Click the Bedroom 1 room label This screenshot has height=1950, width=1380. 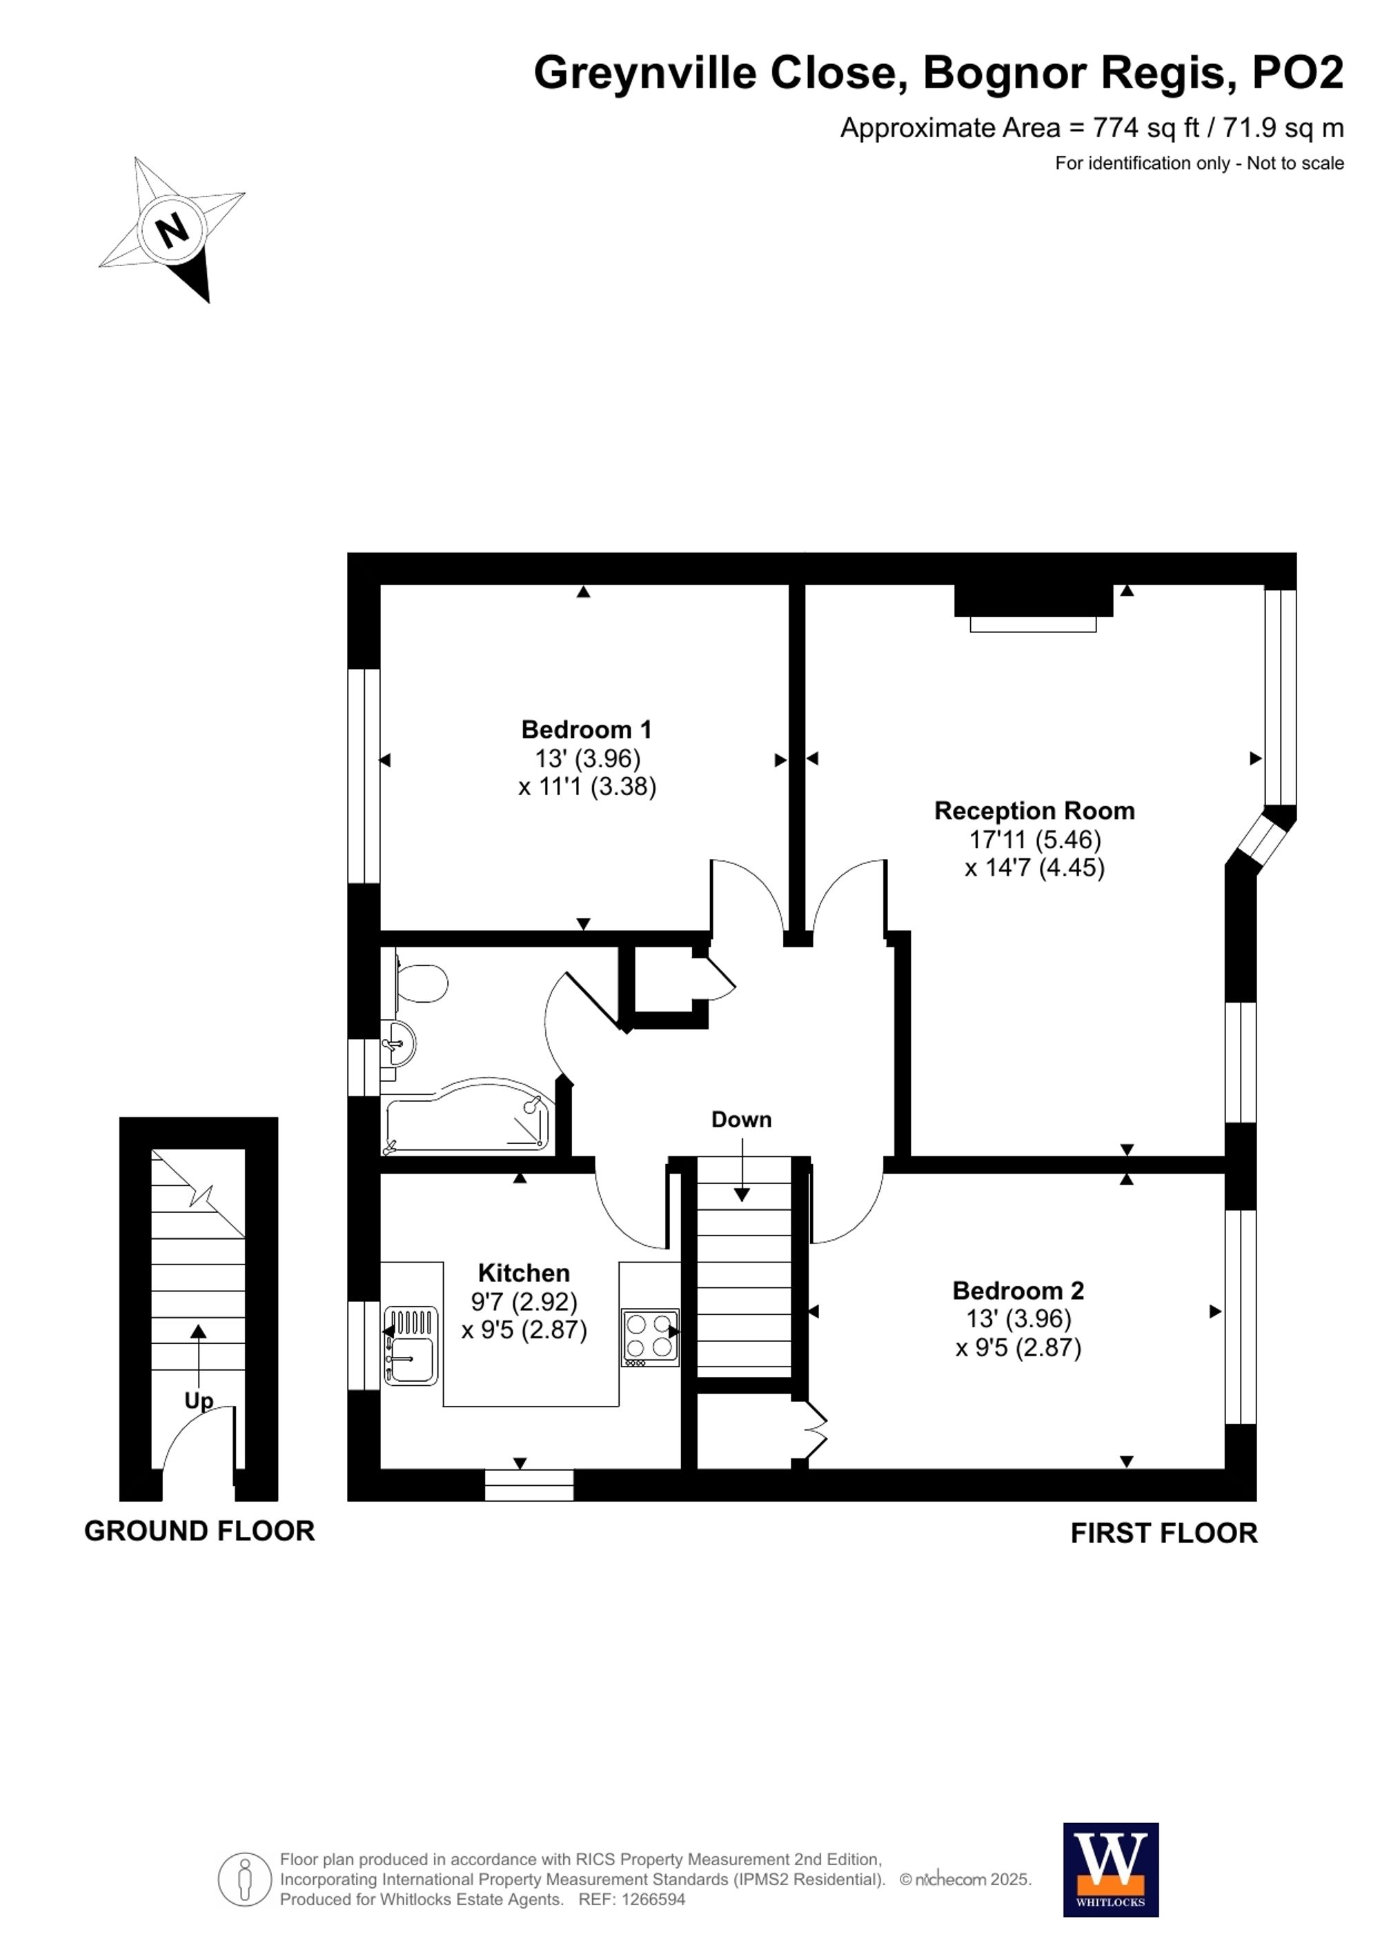pyautogui.click(x=586, y=730)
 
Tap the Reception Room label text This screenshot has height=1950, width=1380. pyautogui.click(x=1034, y=811)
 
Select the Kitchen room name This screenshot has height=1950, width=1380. pyautogui.click(x=524, y=1273)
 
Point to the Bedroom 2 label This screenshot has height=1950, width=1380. pyautogui.click(x=1018, y=1291)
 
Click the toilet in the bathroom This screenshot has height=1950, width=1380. pyautogui.click(x=422, y=983)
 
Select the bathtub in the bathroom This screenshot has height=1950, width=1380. pyautogui.click(x=467, y=1119)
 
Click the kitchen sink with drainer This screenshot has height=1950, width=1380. pyautogui.click(x=411, y=1346)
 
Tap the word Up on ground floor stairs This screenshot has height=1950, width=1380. pyautogui.click(x=199, y=1400)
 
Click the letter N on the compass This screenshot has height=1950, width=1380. pyautogui.click(x=173, y=230)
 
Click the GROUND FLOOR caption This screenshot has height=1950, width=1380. pyautogui.click(x=199, y=1531)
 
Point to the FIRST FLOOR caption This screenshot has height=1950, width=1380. pyautogui.click(x=1163, y=1534)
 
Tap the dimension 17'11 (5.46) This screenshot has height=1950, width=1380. pyautogui.click(x=1034, y=840)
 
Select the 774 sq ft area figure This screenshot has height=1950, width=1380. pyautogui.click(x=1145, y=128)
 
